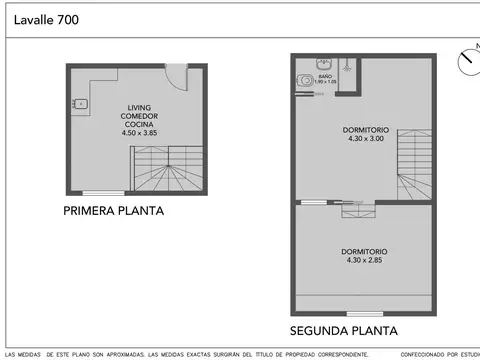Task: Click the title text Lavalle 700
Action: coord(48,19)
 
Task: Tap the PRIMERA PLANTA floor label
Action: coord(113,211)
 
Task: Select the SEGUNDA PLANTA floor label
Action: coord(343,330)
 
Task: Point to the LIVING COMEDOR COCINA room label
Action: coord(141,115)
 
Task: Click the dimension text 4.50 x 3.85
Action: coord(141,132)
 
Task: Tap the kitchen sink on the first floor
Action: coord(80,103)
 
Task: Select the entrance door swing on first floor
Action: coord(176,78)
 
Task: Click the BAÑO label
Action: coord(325,75)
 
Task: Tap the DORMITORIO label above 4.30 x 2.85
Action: coord(363,251)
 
